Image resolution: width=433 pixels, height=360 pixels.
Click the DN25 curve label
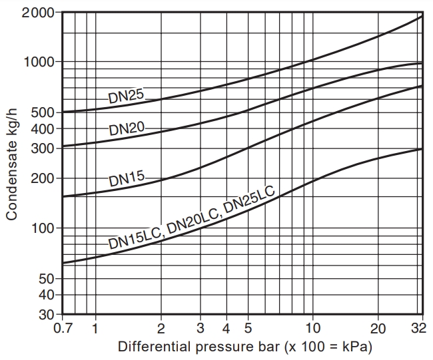click(x=126, y=96)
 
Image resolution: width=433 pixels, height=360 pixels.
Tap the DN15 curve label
click(x=127, y=180)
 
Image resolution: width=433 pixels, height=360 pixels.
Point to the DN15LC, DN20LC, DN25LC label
click(x=191, y=215)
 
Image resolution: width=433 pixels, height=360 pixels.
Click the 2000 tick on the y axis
click(x=39, y=12)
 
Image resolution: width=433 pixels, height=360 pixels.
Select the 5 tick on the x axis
click(x=248, y=328)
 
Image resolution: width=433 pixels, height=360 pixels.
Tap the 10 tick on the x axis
click(x=312, y=328)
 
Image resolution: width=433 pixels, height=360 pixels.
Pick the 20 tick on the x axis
click(x=378, y=328)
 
